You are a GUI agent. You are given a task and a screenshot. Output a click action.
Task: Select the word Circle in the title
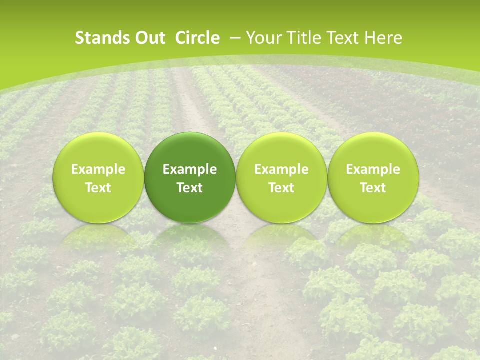pos(197,38)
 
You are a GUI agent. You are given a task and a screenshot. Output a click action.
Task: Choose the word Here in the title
pos(384,38)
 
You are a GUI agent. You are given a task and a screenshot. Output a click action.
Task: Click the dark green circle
pos(190,178)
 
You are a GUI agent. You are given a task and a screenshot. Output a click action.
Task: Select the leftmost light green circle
pos(98,178)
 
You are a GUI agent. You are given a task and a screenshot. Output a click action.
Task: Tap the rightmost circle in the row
pos(373,178)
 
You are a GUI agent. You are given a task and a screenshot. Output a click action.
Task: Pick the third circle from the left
pos(281,178)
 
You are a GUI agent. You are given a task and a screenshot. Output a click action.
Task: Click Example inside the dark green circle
pos(190,169)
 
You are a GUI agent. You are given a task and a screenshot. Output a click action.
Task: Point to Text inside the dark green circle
pos(190,188)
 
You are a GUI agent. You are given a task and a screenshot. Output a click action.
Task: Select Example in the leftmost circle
pos(98,169)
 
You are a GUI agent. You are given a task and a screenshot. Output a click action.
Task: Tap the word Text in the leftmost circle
pos(98,188)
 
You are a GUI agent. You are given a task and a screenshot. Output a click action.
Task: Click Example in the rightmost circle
pos(373,169)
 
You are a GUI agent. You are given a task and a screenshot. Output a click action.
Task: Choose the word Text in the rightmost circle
pos(373,188)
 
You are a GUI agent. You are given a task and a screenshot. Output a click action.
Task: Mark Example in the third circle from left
pos(281,169)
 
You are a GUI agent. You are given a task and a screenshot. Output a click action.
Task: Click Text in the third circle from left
pos(281,188)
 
